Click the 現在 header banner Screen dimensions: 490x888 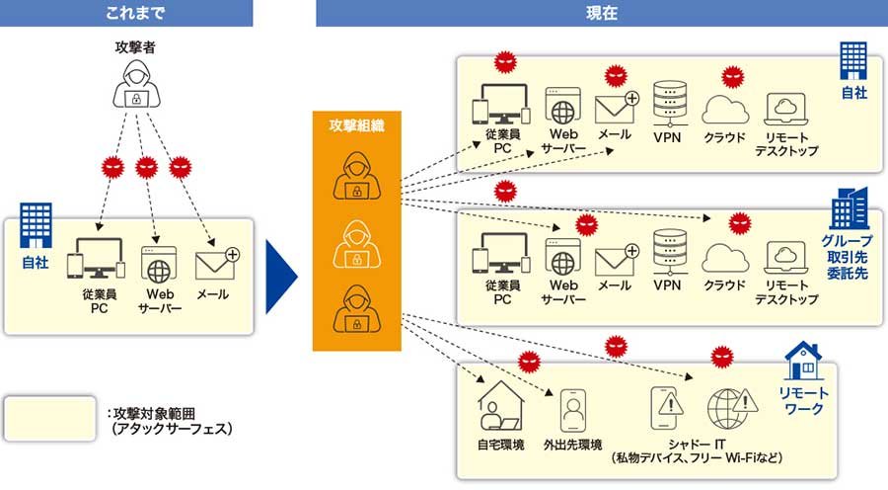(601, 13)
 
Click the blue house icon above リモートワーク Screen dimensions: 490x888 (803, 363)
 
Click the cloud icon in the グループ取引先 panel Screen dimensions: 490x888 (725, 256)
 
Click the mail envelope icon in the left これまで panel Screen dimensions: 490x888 (217, 264)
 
